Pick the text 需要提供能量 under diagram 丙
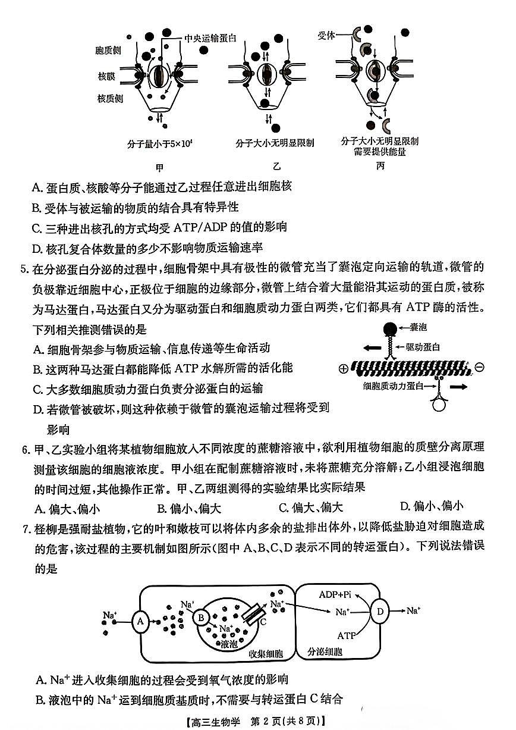[380, 152]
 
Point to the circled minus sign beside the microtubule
[480, 367]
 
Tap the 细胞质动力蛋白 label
[391, 386]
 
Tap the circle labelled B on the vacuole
[202, 618]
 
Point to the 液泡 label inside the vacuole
[228, 643]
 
